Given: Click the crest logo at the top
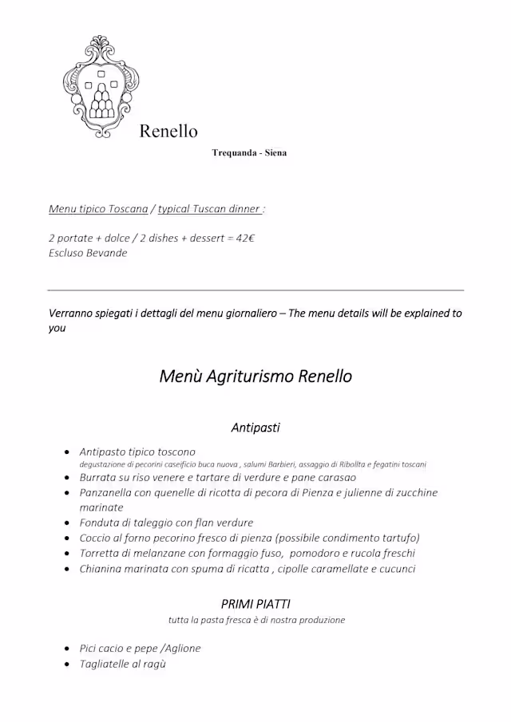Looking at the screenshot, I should point(100,86).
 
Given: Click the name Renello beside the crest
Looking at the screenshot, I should point(168,131).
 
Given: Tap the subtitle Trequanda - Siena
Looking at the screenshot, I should point(249,152).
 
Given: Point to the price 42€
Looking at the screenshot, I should point(245,238).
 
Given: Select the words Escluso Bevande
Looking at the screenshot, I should point(88,253).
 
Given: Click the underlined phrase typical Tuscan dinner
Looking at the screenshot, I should point(209,209).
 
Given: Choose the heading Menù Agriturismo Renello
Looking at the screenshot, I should point(255,376).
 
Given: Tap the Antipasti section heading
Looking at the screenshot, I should point(255,428).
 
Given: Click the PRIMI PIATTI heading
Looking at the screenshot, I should point(255,604).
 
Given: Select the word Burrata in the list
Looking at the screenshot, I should point(99,477).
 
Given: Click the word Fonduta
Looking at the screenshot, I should point(99,523).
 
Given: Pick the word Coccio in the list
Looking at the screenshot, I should point(96,538).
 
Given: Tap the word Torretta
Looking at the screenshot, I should point(99,553).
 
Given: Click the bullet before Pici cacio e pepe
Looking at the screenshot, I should point(67,649).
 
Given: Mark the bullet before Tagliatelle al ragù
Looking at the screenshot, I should point(67,664).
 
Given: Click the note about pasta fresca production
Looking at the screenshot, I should point(256,620).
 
